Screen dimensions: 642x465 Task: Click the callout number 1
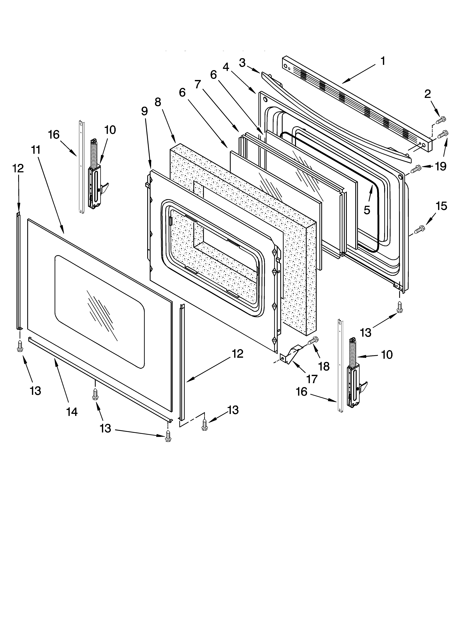(383, 61)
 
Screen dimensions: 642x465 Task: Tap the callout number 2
(427, 94)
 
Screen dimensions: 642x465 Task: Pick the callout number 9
(144, 111)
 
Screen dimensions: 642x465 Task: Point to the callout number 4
(226, 67)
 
